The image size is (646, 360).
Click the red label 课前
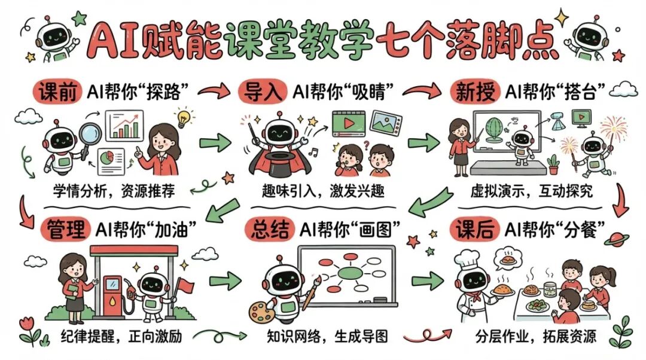click(x=57, y=92)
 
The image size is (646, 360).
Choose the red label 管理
click(x=64, y=228)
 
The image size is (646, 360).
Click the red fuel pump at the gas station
click(x=112, y=294)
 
